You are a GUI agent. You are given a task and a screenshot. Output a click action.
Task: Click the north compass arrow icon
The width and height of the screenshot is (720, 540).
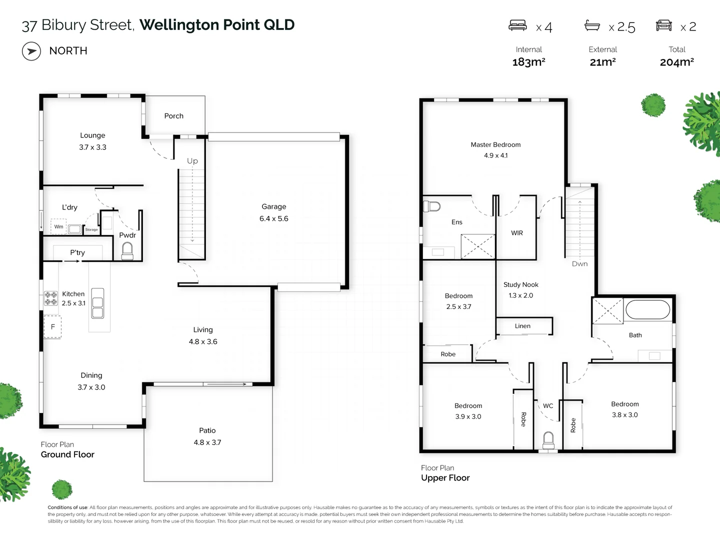[x=31, y=51]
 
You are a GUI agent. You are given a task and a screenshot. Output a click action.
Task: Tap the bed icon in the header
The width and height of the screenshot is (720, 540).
[x=517, y=25]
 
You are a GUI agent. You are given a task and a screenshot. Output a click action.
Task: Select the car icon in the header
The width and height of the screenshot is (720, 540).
[x=663, y=25]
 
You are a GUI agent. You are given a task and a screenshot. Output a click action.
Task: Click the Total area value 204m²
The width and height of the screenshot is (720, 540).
[x=676, y=62]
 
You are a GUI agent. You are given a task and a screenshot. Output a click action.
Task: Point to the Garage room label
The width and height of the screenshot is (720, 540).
[x=273, y=206]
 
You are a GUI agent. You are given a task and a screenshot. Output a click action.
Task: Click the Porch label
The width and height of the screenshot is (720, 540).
[x=173, y=116]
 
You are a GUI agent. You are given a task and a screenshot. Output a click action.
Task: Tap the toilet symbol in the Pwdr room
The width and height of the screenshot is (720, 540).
[x=127, y=250]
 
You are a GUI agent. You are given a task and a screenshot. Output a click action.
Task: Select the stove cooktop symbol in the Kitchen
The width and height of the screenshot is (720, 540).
[x=51, y=298]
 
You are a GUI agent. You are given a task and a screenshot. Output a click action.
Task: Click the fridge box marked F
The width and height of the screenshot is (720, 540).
[x=52, y=327]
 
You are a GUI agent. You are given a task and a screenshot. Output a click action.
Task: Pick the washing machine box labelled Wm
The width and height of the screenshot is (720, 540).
[x=59, y=227]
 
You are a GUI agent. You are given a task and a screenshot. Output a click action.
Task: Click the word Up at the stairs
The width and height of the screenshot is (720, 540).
[x=192, y=161]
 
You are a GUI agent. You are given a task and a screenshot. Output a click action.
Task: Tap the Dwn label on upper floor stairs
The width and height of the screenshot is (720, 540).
[x=579, y=264]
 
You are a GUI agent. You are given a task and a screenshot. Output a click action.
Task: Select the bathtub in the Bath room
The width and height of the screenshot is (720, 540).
[x=647, y=309]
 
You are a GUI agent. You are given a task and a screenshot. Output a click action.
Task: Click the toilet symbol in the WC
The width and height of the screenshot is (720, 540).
[x=548, y=440]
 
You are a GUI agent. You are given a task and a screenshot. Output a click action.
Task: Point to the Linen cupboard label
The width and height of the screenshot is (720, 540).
[x=522, y=326]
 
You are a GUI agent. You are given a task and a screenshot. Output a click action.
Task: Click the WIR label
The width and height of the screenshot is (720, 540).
[x=517, y=233]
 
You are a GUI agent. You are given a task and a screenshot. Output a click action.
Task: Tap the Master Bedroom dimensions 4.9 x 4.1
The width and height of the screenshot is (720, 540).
[x=495, y=155]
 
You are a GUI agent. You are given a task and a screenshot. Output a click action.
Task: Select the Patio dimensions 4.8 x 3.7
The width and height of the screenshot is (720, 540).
[x=207, y=442]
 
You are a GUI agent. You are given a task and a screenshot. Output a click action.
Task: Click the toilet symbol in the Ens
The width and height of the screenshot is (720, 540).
[x=431, y=206]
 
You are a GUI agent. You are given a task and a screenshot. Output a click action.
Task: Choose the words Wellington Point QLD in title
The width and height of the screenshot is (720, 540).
[x=217, y=25]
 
